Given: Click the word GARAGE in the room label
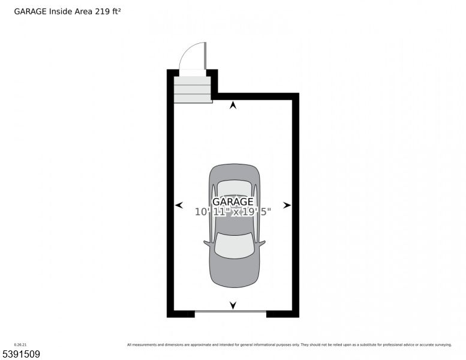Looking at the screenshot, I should click(x=233, y=202).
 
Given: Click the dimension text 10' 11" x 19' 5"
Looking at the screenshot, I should click(x=233, y=212).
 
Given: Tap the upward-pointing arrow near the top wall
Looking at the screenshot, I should click(x=233, y=106).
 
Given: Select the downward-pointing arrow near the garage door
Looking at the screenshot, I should click(x=233, y=305).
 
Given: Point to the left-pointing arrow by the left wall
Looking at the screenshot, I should click(x=179, y=205).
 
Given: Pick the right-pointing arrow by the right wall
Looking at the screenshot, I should click(x=287, y=205).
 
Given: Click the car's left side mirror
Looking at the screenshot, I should click(x=207, y=243).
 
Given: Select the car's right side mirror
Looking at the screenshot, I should click(x=261, y=243).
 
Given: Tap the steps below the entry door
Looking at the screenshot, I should click(x=193, y=89).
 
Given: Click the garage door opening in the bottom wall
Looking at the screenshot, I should click(x=230, y=311).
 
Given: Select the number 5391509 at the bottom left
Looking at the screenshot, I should click(x=21, y=354).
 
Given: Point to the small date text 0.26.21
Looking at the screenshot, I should click(x=20, y=344).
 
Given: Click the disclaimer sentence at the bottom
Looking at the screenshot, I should click(x=289, y=344).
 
